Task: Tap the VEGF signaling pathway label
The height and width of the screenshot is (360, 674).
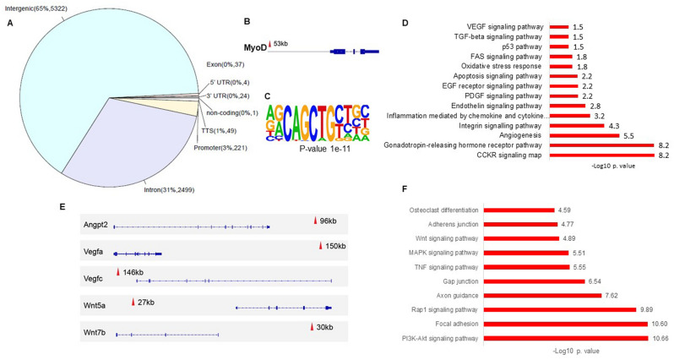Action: (496, 27)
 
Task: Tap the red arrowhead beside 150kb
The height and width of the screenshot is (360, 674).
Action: (320, 246)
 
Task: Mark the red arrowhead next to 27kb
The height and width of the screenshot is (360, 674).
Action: (132, 302)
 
